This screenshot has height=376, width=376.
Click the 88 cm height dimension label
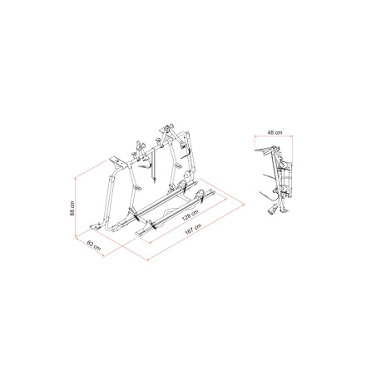click(x=72, y=208)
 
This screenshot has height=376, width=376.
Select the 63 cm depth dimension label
click(x=94, y=245)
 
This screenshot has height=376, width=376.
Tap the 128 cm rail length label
click(x=190, y=215)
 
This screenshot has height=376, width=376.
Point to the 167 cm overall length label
click(x=193, y=230)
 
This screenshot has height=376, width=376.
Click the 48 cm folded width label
click(x=275, y=132)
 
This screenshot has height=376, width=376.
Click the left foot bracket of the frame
click(x=96, y=226)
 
